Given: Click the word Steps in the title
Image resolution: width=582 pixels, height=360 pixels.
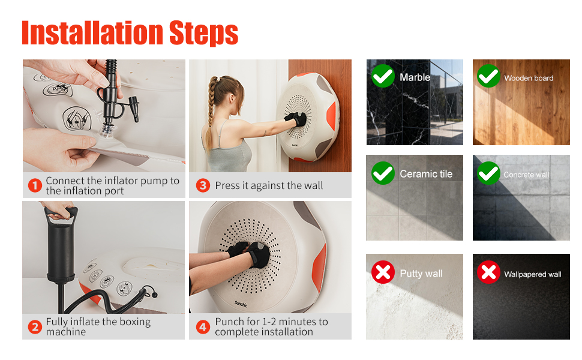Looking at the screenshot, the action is click(203, 34).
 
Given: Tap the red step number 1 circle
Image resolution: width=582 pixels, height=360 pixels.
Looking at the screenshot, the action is click(35, 185).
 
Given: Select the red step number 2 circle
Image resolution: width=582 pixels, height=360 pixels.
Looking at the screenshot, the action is click(35, 327).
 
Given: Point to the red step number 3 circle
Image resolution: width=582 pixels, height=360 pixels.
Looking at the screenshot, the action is click(203, 185).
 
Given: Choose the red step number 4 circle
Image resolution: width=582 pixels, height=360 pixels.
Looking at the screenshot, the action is click(203, 327).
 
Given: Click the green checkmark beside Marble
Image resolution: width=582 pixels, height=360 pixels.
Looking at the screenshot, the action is click(383, 76).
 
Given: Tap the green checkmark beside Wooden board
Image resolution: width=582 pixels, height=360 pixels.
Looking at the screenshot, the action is click(488, 76).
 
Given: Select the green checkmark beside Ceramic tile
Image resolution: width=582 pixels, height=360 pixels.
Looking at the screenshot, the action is click(383, 173).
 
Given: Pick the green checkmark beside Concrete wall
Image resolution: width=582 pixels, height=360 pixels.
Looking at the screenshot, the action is click(488, 173).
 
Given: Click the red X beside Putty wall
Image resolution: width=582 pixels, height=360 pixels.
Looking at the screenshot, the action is click(383, 272).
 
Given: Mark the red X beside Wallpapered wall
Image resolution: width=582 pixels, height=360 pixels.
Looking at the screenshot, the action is click(488, 272).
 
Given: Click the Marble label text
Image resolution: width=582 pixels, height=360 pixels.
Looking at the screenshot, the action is click(415, 77).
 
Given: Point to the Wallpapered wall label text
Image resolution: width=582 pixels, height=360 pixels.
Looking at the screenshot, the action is click(533, 274).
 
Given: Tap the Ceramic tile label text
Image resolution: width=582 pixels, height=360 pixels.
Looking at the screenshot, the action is click(426, 173).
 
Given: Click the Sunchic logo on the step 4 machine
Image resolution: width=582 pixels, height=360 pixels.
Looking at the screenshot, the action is click(241, 304).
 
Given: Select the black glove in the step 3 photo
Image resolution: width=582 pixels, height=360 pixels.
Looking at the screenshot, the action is click(296, 119).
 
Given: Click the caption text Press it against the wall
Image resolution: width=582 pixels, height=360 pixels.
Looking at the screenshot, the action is click(269, 185).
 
